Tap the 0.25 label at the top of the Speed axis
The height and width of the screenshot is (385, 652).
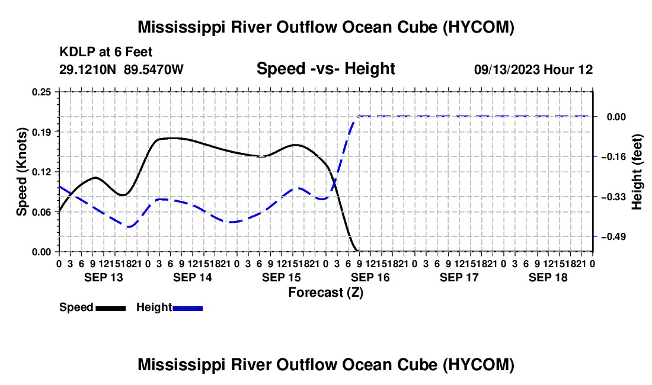pyautogui.click(x=42, y=92)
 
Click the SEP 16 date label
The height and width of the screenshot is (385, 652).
pyautogui.click(x=370, y=277)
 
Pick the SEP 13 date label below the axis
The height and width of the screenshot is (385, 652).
pyautogui.click(x=104, y=277)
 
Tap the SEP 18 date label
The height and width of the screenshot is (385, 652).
pyautogui.click(x=548, y=277)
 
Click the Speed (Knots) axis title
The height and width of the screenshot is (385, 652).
pyautogui.click(x=21, y=172)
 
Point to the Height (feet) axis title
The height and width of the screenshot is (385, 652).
pyautogui.click(x=637, y=172)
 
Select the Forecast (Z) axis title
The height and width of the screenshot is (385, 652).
pyautogui.click(x=326, y=293)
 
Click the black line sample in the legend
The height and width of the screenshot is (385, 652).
pyautogui.click(x=111, y=309)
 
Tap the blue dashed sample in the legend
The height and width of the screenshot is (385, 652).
pyautogui.click(x=187, y=309)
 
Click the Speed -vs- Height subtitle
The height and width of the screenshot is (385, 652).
pyautogui.click(x=326, y=69)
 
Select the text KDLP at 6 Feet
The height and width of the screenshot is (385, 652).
pyautogui.click(x=106, y=52)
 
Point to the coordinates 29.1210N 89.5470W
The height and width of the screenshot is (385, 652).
pyautogui.click(x=122, y=69)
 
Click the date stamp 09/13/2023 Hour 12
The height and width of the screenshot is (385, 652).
pyautogui.click(x=533, y=69)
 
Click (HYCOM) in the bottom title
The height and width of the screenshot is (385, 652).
pyautogui.click(x=478, y=365)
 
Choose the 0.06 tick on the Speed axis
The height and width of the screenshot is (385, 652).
pyautogui.click(x=42, y=212)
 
